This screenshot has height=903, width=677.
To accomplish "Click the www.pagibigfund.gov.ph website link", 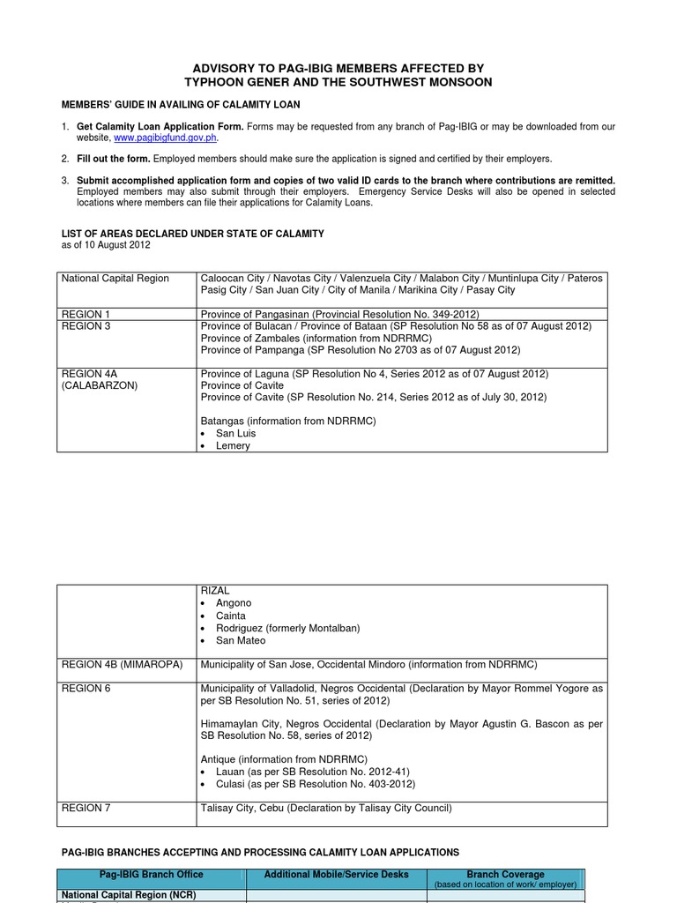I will (166, 138).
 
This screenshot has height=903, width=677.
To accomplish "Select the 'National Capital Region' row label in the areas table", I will (115, 279).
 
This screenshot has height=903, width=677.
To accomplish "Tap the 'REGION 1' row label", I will (86, 314).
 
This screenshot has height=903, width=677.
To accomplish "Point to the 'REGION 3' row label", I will (86, 326).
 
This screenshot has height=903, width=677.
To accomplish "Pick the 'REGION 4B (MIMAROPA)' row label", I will (122, 664).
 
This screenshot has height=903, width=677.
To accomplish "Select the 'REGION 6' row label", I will (86, 689).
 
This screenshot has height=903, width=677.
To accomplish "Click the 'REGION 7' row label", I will (86, 808).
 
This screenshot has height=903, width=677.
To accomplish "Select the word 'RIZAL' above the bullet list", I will (215, 591).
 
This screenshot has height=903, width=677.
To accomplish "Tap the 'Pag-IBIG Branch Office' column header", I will (151, 875).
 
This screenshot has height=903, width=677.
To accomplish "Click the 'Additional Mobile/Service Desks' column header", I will (336, 875).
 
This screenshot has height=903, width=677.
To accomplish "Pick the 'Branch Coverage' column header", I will (505, 875).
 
